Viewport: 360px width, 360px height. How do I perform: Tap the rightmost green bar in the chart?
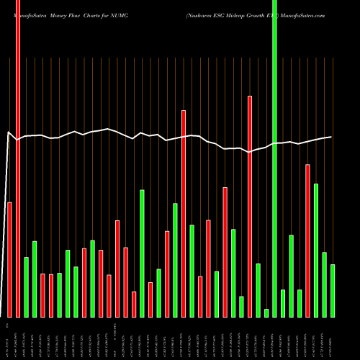click(x=333, y=291)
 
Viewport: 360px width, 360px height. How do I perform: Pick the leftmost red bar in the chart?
click(x=10, y=259)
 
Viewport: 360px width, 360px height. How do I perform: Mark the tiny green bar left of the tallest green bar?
click(x=266, y=312)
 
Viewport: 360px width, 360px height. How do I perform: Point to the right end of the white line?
click(x=332, y=137)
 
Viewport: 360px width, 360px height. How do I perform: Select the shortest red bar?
click(x=134, y=304)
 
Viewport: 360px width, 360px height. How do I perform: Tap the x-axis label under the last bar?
click(x=333, y=338)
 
